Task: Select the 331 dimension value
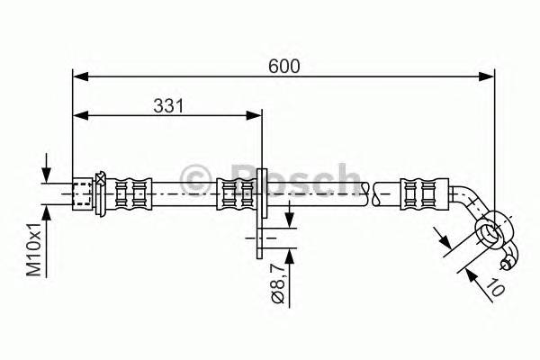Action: point(166,105)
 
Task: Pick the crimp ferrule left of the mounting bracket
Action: point(236,193)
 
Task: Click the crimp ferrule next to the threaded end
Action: point(130,193)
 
